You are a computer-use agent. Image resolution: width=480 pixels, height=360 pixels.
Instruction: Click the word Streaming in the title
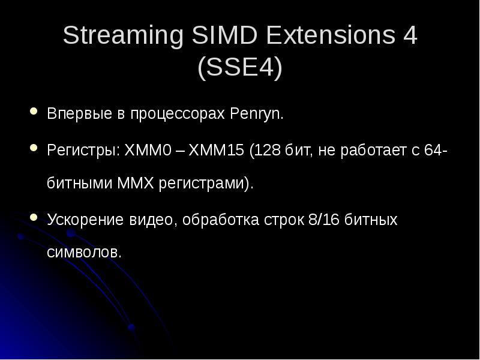(122, 37)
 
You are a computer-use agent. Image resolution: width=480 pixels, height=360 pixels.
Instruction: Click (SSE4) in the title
(240, 68)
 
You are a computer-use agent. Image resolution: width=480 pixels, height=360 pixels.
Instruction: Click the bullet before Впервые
(33, 112)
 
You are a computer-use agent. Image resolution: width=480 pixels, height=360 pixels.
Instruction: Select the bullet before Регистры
(33, 148)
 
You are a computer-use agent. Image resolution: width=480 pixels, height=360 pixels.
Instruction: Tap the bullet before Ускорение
(33, 217)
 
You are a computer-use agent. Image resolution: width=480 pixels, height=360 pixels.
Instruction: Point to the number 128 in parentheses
(266, 150)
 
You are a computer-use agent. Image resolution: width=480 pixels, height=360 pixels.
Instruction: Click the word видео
(151, 220)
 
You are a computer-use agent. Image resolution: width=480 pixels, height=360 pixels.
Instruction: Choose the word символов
(84, 253)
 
